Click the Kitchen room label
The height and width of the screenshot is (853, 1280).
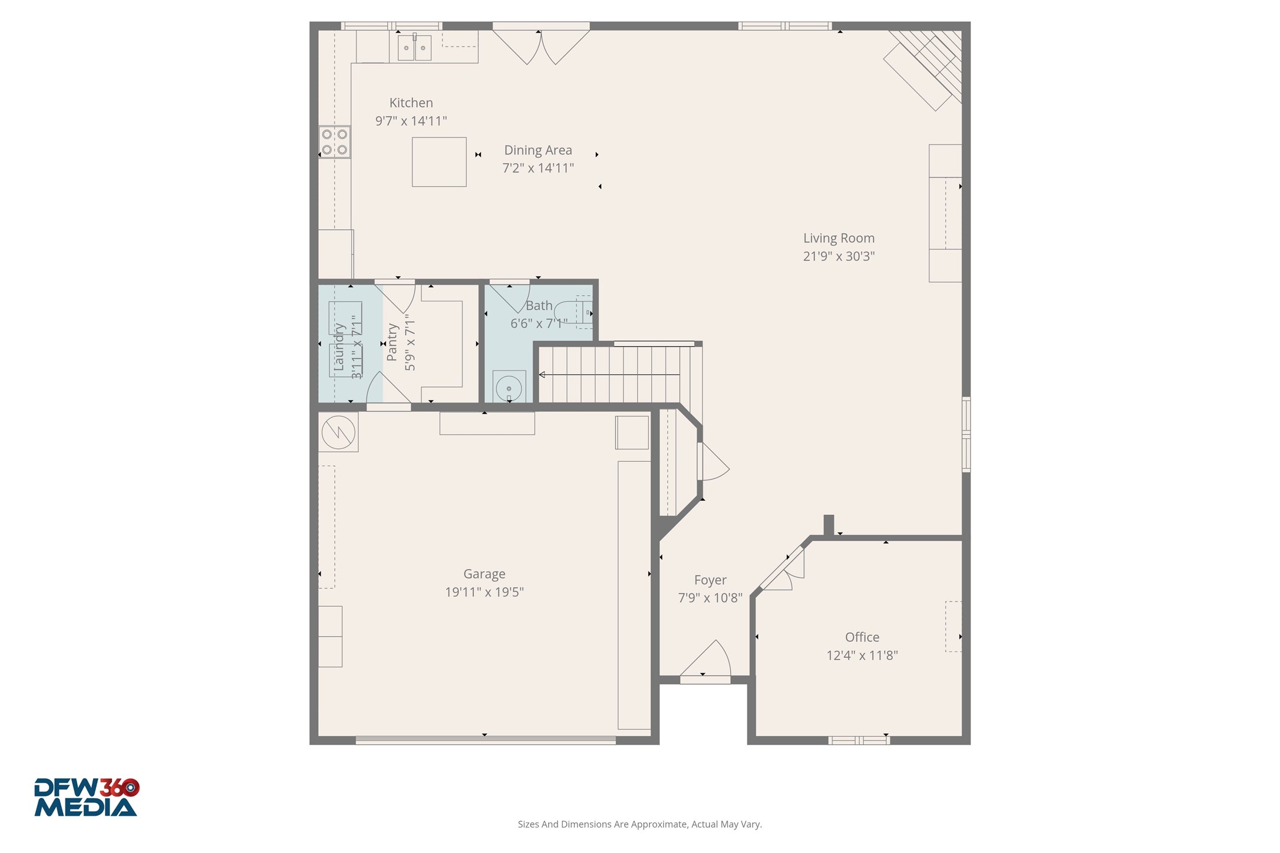pyautogui.click(x=411, y=103)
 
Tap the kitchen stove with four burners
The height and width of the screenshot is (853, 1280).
pyautogui.click(x=334, y=142)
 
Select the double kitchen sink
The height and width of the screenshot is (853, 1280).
pyautogui.click(x=414, y=48)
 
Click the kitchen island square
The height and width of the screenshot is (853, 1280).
pyautogui.click(x=439, y=162)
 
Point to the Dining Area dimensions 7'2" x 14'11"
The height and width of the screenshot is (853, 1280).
pyautogui.click(x=537, y=168)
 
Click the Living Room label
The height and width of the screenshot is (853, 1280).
pyautogui.click(x=839, y=239)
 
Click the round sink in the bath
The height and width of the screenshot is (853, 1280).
pyautogui.click(x=509, y=388)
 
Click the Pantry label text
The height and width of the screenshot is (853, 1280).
pyautogui.click(x=392, y=342)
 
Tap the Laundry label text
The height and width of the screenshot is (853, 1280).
pyautogui.click(x=339, y=347)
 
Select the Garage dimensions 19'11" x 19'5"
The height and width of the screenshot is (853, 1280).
pyautogui.click(x=484, y=592)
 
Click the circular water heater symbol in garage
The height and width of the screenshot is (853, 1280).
pyautogui.click(x=338, y=433)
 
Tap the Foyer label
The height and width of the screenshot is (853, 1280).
pyautogui.click(x=710, y=580)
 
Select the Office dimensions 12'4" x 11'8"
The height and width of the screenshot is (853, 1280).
pyautogui.click(x=862, y=656)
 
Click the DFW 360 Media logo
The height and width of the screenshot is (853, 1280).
pyautogui.click(x=86, y=798)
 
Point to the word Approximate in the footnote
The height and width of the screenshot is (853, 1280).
pyautogui.click(x=658, y=824)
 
